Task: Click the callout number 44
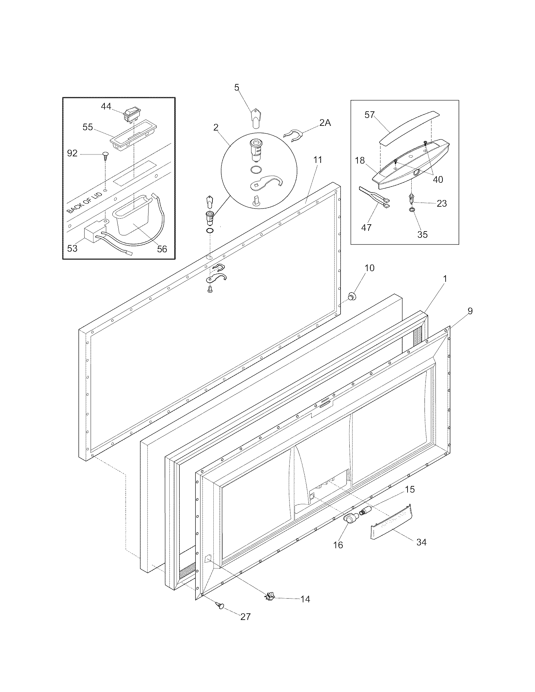(106, 106)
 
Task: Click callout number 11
(318, 160)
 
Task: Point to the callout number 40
(438, 179)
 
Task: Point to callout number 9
(470, 311)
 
